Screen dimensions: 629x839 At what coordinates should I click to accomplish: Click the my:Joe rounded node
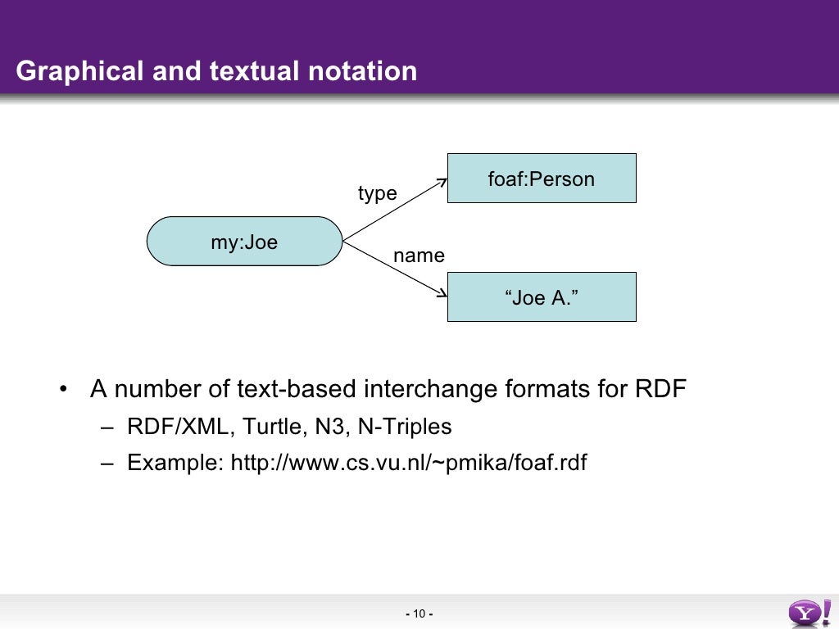244,242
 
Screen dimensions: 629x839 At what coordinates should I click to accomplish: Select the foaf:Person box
541,179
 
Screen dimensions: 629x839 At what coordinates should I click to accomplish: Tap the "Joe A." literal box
541,297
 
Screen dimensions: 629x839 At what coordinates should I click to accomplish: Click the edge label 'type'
377,193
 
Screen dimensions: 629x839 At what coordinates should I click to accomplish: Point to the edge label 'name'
419,256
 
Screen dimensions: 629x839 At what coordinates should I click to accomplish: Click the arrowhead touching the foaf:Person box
442,182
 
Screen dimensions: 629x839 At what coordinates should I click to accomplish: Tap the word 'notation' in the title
362,71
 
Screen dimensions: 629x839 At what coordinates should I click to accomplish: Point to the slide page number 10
419,614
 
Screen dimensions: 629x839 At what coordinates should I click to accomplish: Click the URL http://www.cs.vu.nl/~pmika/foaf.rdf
409,463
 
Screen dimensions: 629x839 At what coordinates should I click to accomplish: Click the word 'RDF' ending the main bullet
660,388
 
